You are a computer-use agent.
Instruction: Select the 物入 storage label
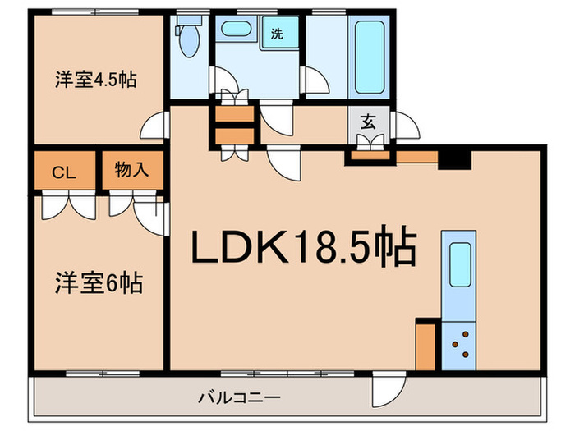[x=131, y=171]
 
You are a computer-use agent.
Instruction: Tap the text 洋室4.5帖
[x=95, y=80]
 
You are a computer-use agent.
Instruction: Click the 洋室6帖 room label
[x=99, y=284]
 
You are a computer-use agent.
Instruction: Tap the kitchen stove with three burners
[x=458, y=344]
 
